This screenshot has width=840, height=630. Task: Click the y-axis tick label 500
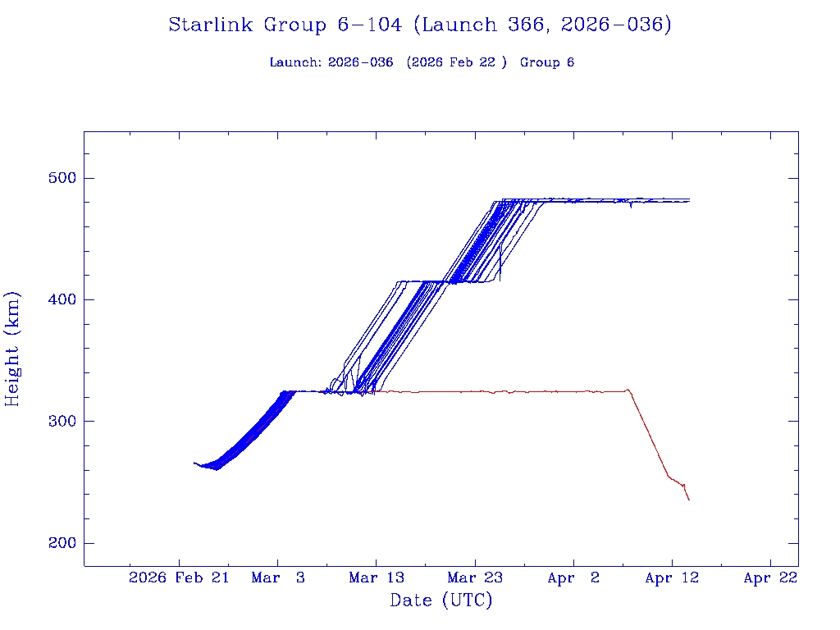pos(56,179)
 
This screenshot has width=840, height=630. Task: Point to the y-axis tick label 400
pos(56,300)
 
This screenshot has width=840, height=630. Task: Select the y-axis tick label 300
pos(56,422)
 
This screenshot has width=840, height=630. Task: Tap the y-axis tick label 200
pos(56,543)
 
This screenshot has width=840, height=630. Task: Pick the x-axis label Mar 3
pos(278,578)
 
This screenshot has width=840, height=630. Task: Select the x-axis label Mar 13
pos(377,578)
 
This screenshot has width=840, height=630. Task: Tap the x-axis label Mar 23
pos(475,578)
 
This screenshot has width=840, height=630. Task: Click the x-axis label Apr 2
pos(573,578)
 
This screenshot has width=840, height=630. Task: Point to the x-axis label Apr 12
pos(672,578)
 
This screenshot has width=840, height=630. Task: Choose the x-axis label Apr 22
pos(770,578)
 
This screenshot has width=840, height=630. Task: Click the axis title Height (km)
pos(13,349)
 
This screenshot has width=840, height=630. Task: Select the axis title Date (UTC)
pos(441,601)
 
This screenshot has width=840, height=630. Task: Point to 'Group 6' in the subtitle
pos(547,63)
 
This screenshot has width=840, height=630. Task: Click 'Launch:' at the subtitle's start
pos(295,63)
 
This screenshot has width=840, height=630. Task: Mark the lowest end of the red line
pos(689,500)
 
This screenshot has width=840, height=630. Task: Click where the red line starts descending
pos(628,390)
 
